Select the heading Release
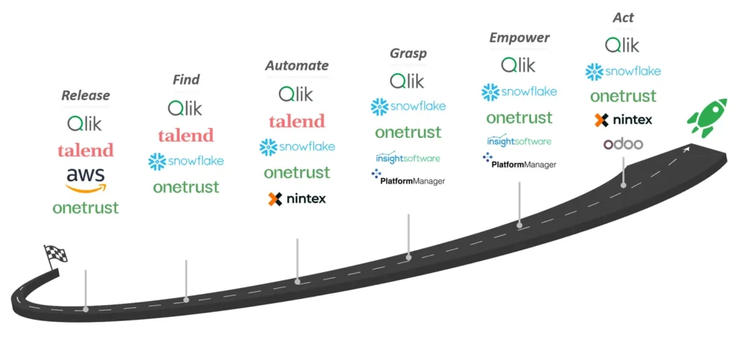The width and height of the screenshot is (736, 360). pyautogui.click(x=86, y=96)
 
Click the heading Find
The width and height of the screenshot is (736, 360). pyautogui.click(x=185, y=79)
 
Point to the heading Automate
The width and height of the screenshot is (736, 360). pyautogui.click(x=297, y=65)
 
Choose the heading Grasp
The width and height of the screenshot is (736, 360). pyautogui.click(x=408, y=53)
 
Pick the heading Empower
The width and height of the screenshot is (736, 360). pyautogui.click(x=519, y=37)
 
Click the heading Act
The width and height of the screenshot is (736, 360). pyautogui.click(x=622, y=17)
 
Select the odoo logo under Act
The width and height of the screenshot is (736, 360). pyautogui.click(x=622, y=144)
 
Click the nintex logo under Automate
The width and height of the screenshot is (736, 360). pyautogui.click(x=297, y=199)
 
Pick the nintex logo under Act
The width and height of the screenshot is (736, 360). pyautogui.click(x=622, y=120)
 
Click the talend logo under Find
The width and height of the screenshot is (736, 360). pyautogui.click(x=185, y=135)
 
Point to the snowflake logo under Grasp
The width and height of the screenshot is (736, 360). pyautogui.click(x=408, y=107)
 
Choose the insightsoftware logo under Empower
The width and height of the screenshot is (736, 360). pyautogui.click(x=519, y=141)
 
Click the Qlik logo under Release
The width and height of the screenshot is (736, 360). pyautogui.click(x=85, y=124)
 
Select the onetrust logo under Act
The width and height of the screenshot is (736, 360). pyautogui.click(x=622, y=96)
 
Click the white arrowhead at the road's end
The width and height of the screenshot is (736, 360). pyautogui.click(x=688, y=149)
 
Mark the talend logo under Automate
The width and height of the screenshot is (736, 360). pyautogui.click(x=297, y=121)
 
